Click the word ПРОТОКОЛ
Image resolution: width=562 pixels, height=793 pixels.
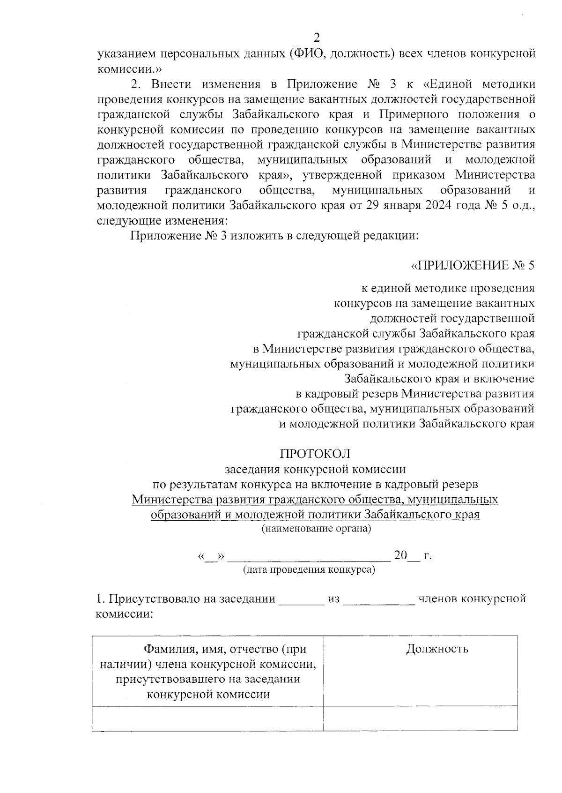[x=315, y=454]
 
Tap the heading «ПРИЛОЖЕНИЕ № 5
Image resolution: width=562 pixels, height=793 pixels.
[x=473, y=265]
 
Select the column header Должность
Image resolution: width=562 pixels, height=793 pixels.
[x=437, y=649]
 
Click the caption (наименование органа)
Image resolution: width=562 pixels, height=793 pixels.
[x=316, y=529]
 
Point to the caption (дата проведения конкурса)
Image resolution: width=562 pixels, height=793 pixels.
[x=309, y=570]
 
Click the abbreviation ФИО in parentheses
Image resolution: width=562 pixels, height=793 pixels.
[x=306, y=54]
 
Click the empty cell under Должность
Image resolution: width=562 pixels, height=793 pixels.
[x=420, y=718]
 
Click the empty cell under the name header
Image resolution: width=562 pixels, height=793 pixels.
[x=207, y=718]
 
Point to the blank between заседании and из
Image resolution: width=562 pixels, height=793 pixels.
[x=301, y=600]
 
